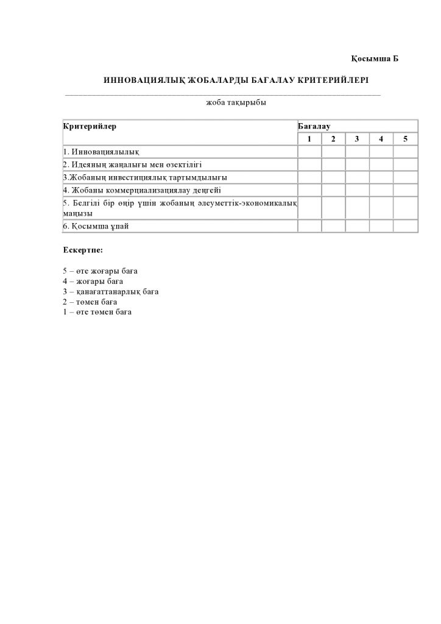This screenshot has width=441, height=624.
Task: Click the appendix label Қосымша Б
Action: [x=375, y=58]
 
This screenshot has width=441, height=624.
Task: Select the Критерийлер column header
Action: [x=90, y=126]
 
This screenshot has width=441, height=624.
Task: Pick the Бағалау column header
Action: [x=314, y=126]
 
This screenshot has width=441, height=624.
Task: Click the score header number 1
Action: [x=309, y=139]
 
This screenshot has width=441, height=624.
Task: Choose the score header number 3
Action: [x=357, y=139]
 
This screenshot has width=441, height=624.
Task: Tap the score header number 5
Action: [x=405, y=139]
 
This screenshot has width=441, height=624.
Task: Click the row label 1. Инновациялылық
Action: [x=102, y=152]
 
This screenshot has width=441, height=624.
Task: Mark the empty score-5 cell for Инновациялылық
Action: [x=405, y=152]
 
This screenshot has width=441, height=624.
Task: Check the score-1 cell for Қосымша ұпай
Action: [x=309, y=226]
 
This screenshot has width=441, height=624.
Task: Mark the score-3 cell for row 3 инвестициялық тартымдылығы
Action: [x=357, y=177]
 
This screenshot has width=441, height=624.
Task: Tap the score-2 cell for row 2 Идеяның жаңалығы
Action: [x=333, y=165]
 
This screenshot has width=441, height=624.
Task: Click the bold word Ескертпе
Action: [x=83, y=250]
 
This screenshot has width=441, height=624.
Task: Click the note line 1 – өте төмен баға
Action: [x=97, y=312]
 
